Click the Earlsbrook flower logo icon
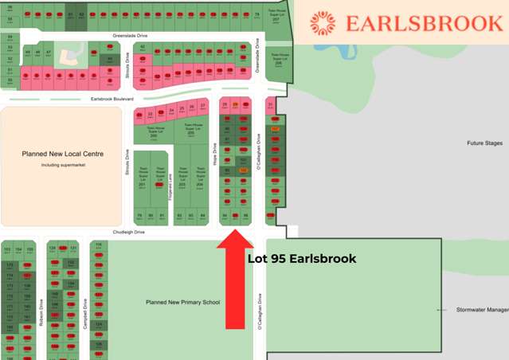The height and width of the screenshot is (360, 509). tap(323, 23)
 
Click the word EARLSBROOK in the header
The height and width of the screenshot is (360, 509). tap(424, 23)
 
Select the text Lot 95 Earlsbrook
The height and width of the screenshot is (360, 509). tap(302, 259)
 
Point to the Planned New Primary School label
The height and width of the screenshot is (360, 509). tap(182, 303)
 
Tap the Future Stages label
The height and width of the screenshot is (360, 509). tap(484, 143)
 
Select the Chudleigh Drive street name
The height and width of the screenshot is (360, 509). tap(128, 232)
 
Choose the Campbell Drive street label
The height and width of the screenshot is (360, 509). tap(85, 312)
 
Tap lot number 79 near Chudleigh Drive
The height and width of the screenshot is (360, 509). tap(139, 215)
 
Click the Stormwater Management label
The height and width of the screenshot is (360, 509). tap(481, 309)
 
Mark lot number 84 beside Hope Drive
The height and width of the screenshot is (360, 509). tap(203, 215)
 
